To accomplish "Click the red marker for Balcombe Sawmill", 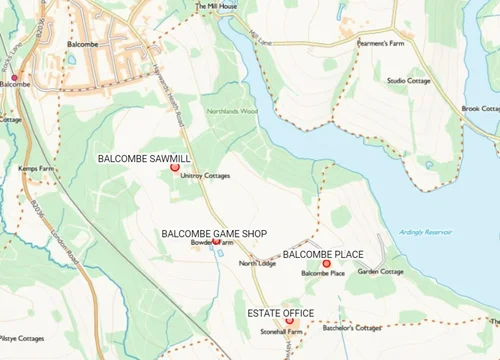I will [x=174, y=168].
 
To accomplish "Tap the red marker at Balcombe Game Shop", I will [x=216, y=241].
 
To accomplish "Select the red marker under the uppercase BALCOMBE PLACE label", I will [x=326, y=264].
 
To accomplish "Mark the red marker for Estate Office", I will [x=290, y=322].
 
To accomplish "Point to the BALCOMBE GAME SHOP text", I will [x=214, y=233].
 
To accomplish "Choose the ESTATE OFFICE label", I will [x=280, y=313].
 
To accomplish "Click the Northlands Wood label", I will [x=231, y=111].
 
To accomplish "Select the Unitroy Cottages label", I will [x=205, y=176].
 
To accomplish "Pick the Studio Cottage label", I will [x=410, y=80].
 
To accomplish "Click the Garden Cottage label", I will [x=381, y=272].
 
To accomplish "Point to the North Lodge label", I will [x=256, y=264].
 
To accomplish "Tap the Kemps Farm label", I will [x=35, y=169].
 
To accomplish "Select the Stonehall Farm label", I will [x=281, y=330].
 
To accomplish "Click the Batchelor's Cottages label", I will [x=351, y=328].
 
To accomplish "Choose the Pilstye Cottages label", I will [x=22, y=338].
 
